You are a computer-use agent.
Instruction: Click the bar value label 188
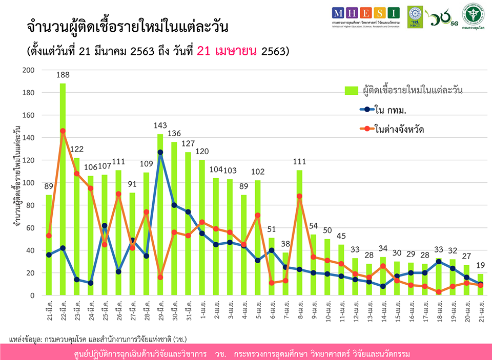63,75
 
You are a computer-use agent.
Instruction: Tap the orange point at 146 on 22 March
63,131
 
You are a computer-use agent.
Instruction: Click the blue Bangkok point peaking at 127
160,152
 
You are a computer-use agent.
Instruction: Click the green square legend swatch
351,91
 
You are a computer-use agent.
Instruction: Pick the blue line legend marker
364,110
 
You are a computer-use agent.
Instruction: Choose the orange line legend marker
364,129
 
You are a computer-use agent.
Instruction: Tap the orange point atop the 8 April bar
299,196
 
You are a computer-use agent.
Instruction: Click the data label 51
272,229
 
